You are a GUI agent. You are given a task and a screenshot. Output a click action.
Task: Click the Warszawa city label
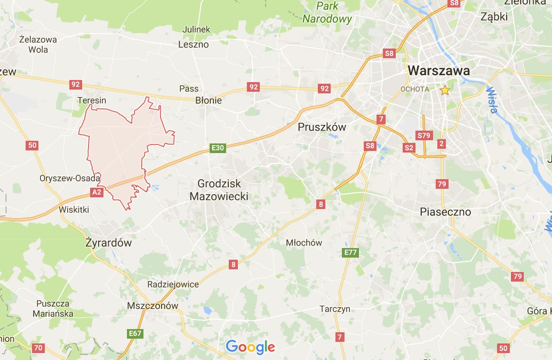[439, 70]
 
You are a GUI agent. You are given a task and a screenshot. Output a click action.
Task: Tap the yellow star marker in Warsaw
[445, 90]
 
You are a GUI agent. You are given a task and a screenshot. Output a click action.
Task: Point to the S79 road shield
[424, 135]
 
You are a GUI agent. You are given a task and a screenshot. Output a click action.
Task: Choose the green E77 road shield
[350, 252]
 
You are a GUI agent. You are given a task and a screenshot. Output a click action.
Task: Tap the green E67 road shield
[135, 334]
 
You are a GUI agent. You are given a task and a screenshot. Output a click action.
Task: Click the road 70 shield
[38, 348]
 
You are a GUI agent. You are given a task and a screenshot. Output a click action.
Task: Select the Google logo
[250, 347]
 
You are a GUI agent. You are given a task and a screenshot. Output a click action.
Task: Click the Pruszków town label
[322, 127]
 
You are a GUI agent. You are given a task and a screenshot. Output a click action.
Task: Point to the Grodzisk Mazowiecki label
[219, 190]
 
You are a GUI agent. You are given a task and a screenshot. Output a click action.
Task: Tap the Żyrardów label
[108, 243]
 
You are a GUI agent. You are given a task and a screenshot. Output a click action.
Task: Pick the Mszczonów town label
[153, 306]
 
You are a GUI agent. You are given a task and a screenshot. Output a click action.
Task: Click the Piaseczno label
[445, 212]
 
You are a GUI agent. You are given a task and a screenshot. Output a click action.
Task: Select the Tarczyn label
[335, 309]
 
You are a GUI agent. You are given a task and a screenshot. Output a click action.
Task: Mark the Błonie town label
[209, 100]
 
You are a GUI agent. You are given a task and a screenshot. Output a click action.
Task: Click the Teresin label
[92, 100]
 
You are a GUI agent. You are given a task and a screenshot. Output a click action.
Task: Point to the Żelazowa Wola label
[38, 44]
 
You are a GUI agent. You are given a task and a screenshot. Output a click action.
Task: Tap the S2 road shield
[409, 148]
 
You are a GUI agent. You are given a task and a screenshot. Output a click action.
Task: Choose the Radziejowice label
[173, 284]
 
